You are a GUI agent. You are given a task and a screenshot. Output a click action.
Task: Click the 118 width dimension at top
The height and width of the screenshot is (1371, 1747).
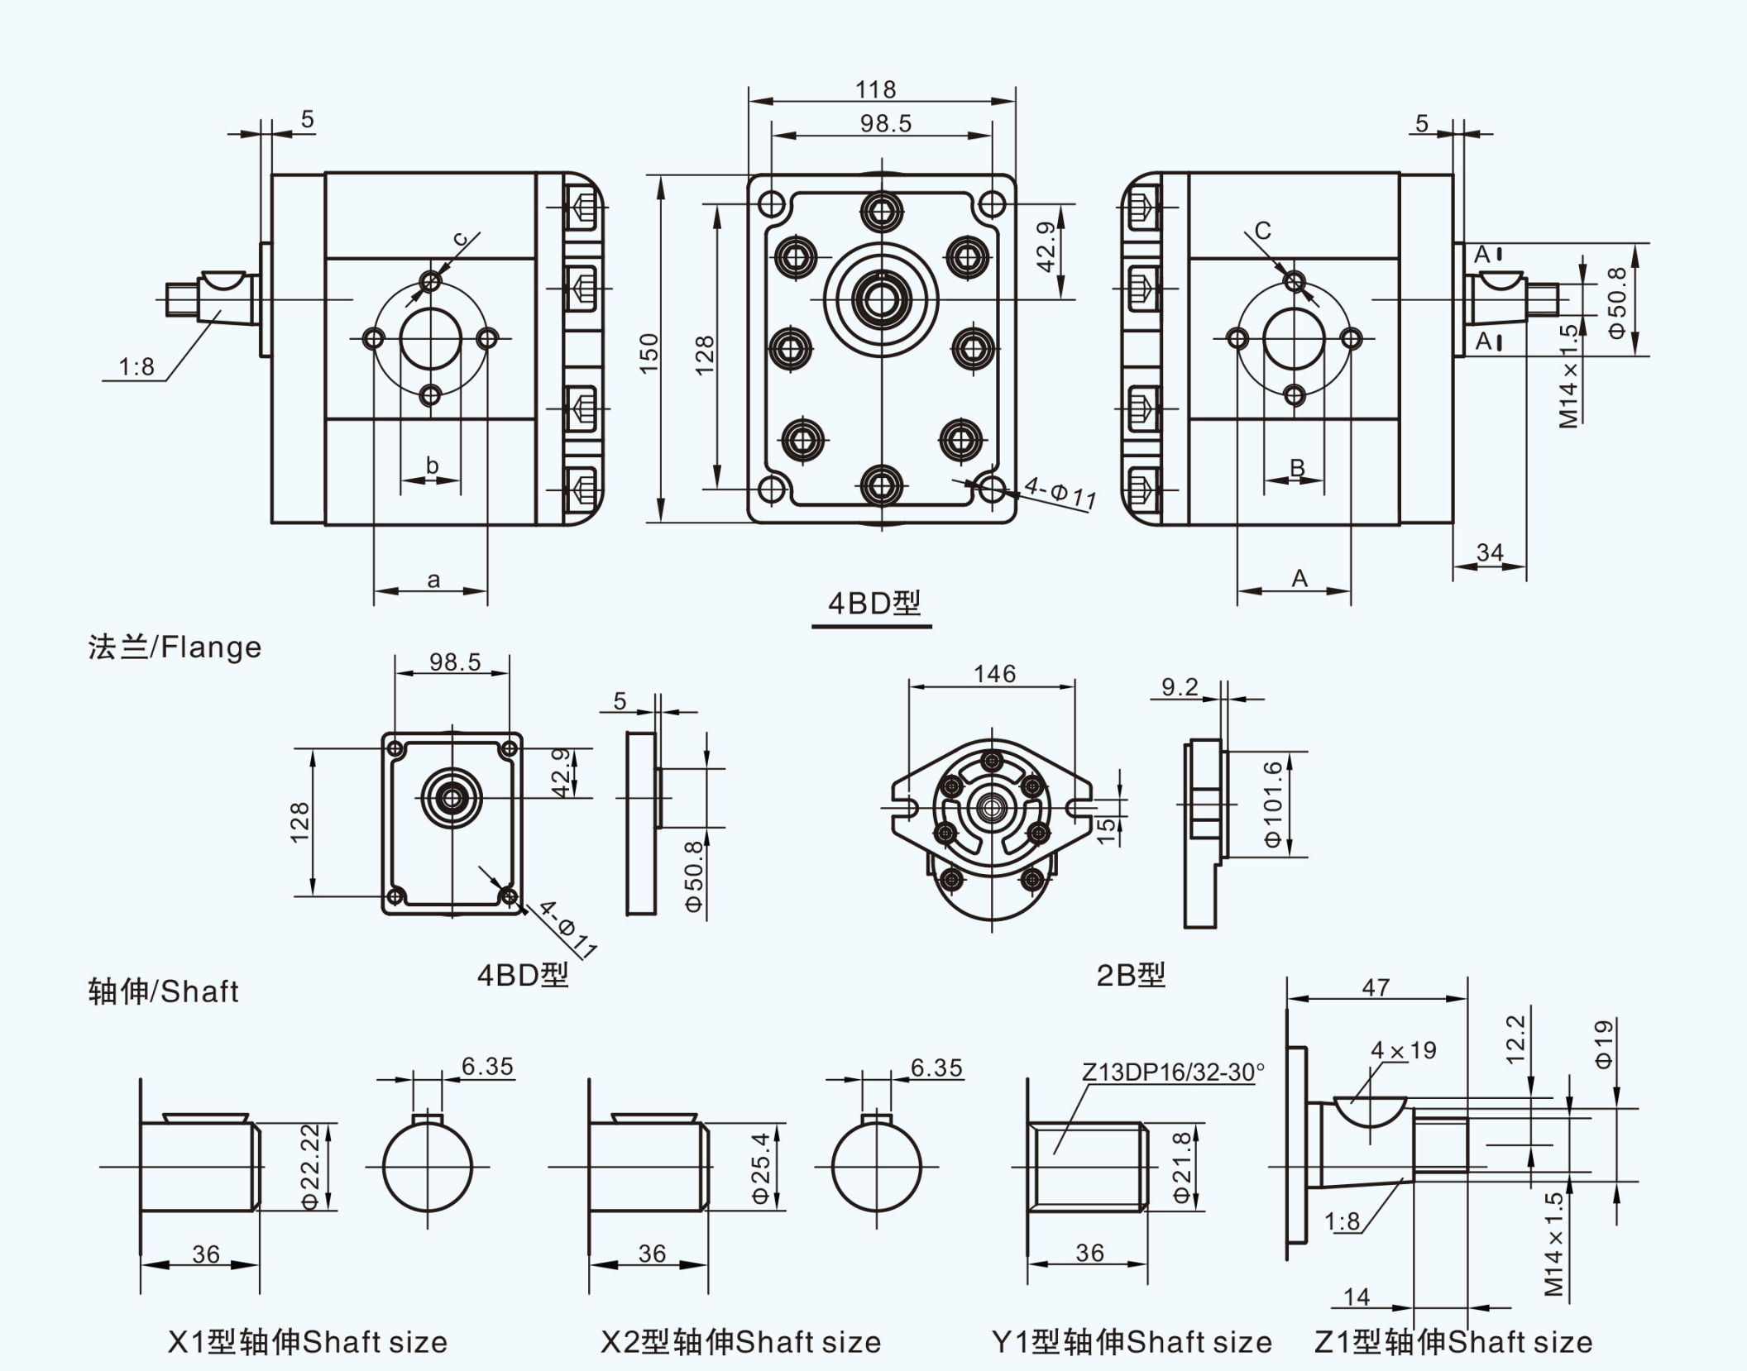pos(875,89)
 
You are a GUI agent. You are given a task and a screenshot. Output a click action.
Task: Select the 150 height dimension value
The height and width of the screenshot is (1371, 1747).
pos(650,353)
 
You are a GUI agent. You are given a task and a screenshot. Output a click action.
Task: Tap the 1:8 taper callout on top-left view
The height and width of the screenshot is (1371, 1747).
pos(136,367)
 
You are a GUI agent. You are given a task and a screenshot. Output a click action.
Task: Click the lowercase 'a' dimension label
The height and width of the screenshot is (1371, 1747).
pos(433,580)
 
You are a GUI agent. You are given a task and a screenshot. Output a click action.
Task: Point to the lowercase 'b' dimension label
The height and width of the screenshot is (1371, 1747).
pos(432,466)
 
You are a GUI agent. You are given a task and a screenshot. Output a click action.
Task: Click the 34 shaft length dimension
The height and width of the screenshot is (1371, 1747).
pos(1490,552)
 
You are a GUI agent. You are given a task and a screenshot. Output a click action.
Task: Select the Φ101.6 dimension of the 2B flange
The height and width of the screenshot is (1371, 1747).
pos(1273,804)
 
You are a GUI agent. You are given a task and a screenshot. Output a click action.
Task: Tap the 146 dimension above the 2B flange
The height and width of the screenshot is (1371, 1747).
pos(994,674)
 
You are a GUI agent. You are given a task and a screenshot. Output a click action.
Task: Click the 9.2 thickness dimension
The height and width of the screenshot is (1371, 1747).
pos(1180,687)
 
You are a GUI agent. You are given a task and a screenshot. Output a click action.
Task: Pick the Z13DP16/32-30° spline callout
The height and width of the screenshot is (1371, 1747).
pos(1173,1072)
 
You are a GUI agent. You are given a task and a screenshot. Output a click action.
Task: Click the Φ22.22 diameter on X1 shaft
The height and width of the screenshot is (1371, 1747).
pos(310,1166)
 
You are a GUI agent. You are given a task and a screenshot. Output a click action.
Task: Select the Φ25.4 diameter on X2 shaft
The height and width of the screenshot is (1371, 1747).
pos(760,1168)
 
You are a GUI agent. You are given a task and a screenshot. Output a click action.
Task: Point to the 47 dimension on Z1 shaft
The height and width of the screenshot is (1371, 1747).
pos(1376,987)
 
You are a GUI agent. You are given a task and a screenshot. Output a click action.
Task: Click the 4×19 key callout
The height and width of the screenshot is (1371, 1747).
pos(1404,1051)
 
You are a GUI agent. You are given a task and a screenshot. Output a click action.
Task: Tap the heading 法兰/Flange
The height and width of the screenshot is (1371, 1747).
pos(175,647)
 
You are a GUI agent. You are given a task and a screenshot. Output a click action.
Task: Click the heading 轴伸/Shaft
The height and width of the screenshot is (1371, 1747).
pos(163,991)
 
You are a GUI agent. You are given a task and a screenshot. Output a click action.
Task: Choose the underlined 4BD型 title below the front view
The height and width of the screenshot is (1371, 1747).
pos(873,604)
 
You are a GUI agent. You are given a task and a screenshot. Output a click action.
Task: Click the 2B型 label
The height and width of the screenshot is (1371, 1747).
pos(1130,976)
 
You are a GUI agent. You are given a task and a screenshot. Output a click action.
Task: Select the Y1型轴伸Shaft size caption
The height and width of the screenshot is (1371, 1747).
pos(1131,1342)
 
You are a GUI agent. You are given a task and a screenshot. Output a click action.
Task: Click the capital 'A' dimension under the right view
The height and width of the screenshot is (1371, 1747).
pos(1299,579)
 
